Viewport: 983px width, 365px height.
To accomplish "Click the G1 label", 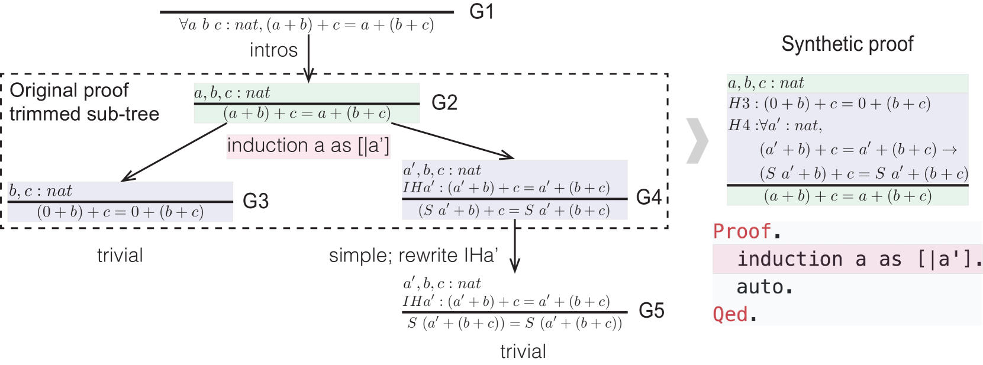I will tap(481, 11).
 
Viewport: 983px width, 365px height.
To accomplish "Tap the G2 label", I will tap(444, 103).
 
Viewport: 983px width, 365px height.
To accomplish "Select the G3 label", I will tap(256, 202).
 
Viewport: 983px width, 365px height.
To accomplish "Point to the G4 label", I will tap(649, 197).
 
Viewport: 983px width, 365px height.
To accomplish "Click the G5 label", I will tap(651, 311).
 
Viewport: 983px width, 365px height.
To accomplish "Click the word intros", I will tap(273, 50).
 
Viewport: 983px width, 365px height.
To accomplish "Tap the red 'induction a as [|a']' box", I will tap(308, 146).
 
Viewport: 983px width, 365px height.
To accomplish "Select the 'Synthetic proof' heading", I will tap(847, 44).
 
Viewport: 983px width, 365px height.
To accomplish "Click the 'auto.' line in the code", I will tap(764, 287).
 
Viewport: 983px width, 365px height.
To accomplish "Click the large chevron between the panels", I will tap(697, 141).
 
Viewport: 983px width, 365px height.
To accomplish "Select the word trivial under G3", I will tap(120, 256).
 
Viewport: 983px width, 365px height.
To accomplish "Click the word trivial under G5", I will tap(523, 351).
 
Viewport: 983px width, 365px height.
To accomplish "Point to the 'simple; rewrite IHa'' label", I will tap(413, 256).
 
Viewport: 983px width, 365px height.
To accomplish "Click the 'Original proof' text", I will tap(69, 91).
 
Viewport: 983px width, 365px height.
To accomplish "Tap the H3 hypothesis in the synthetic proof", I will tap(829, 104).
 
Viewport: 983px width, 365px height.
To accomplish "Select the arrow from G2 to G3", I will tap(175, 152).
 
